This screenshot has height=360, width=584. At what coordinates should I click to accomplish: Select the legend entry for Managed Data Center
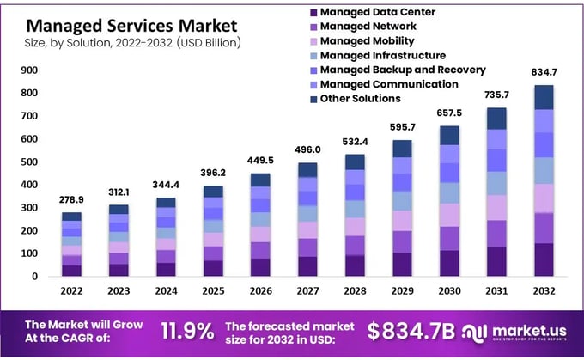(377, 11)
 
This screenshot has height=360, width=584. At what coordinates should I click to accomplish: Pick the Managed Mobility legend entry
(367, 40)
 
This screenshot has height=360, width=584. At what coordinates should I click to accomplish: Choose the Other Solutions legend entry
(360, 99)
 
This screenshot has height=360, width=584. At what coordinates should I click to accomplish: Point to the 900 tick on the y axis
(29, 70)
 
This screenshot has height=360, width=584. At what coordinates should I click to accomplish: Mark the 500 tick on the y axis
(29, 162)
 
